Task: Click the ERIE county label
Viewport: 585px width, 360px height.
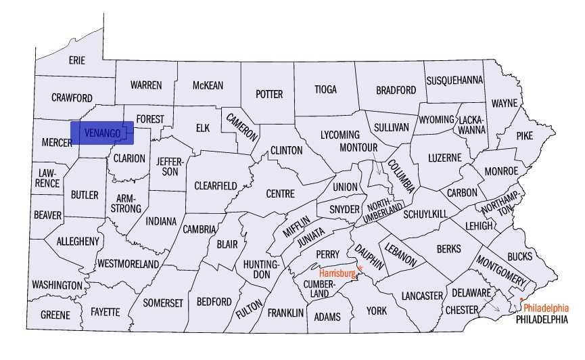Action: point(77,60)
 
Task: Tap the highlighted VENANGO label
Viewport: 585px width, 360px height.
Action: point(102,133)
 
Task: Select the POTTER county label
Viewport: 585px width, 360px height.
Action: point(268,94)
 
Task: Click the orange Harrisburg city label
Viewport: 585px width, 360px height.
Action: point(337,273)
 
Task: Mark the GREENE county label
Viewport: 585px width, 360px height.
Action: point(55,315)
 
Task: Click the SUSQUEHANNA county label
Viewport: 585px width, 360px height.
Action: point(454,80)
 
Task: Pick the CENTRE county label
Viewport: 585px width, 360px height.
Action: point(280,194)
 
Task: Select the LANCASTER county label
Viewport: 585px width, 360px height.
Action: point(421,296)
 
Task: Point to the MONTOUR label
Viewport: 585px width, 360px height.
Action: point(358,147)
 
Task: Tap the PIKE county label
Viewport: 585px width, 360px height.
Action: point(524,135)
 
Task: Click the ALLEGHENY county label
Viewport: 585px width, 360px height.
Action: point(78,241)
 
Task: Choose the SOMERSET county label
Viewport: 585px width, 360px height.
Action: point(163,303)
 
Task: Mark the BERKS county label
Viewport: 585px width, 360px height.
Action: point(448,249)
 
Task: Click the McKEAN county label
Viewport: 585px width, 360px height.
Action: point(208,85)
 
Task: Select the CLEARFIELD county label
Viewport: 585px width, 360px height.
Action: point(216,185)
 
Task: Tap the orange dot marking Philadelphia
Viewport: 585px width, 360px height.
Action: point(521,299)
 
